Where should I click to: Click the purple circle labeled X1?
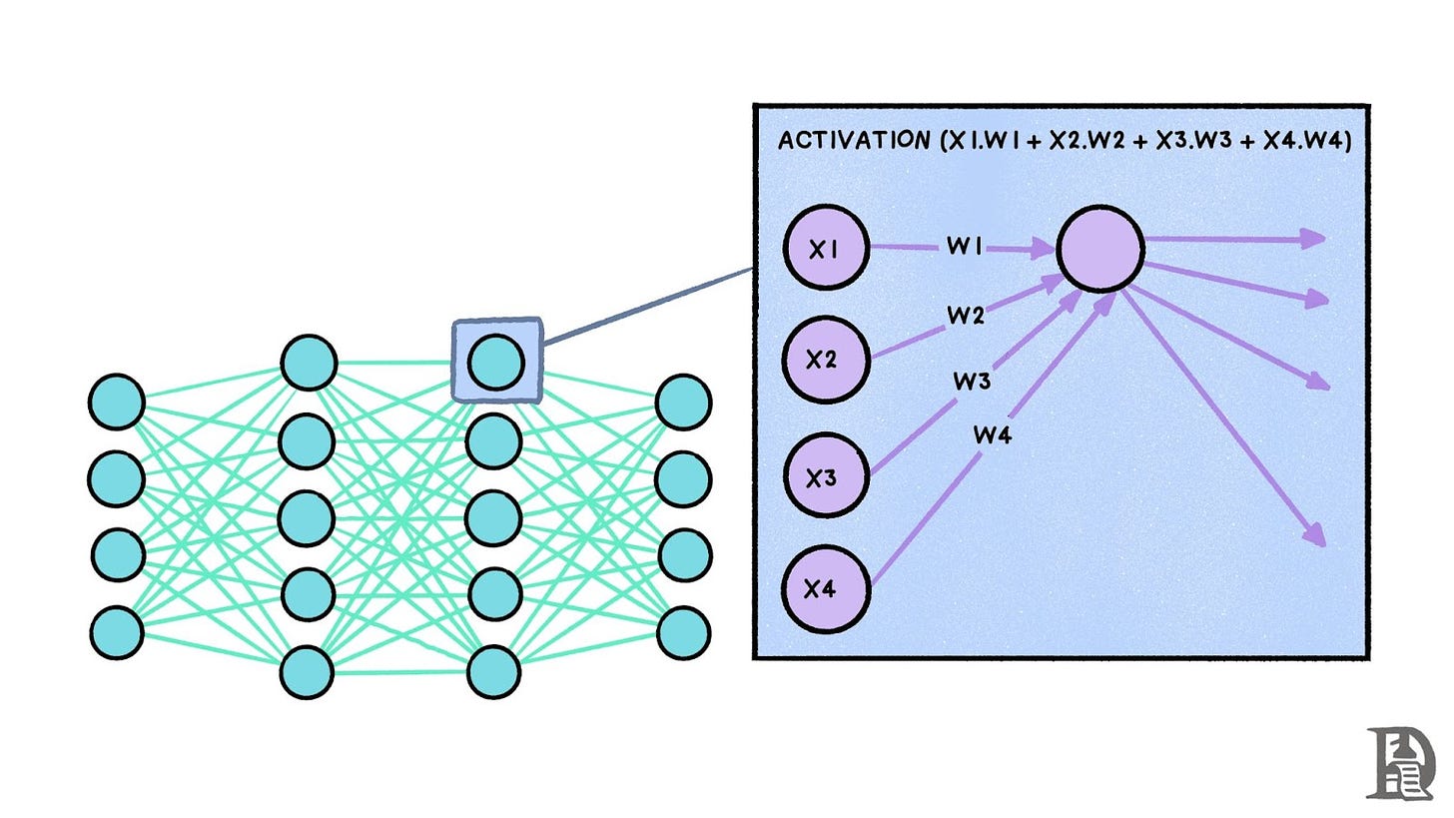(x=825, y=250)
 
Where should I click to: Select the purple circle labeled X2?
(x=825, y=360)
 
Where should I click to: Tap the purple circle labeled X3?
(x=825, y=477)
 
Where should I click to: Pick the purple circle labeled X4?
(x=825, y=589)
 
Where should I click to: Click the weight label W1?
(x=965, y=246)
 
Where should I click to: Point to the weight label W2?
(x=966, y=317)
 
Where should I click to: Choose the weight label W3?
(x=972, y=381)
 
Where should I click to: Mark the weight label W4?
(x=993, y=434)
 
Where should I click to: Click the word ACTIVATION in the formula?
(x=853, y=141)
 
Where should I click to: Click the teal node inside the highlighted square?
(x=495, y=361)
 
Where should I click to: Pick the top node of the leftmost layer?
(x=117, y=402)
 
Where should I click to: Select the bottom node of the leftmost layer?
(x=117, y=631)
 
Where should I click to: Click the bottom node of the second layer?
(x=307, y=672)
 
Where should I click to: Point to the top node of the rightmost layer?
(x=683, y=402)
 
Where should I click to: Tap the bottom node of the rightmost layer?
(x=683, y=631)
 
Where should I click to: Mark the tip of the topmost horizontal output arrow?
(x=1322, y=239)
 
